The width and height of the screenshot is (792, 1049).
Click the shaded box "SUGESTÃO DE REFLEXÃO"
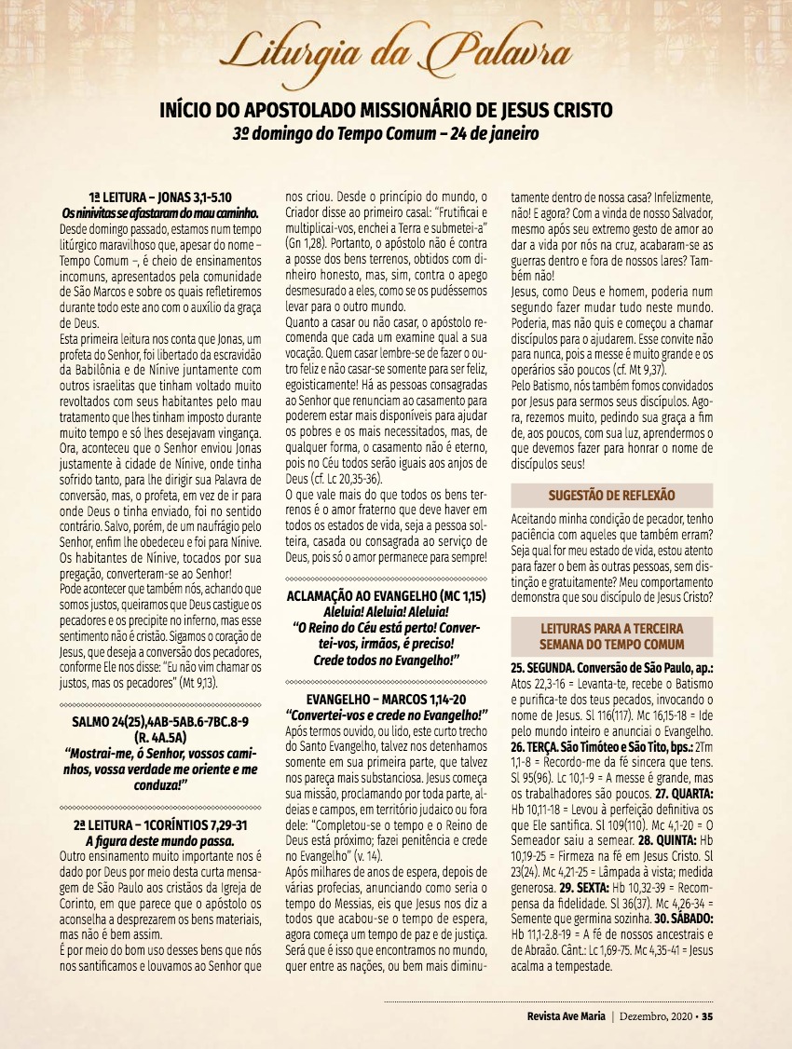[x=611, y=496]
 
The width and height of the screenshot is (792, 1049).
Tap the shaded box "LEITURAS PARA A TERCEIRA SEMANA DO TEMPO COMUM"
[x=611, y=636]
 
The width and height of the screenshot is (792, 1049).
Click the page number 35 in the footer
[x=708, y=1015]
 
